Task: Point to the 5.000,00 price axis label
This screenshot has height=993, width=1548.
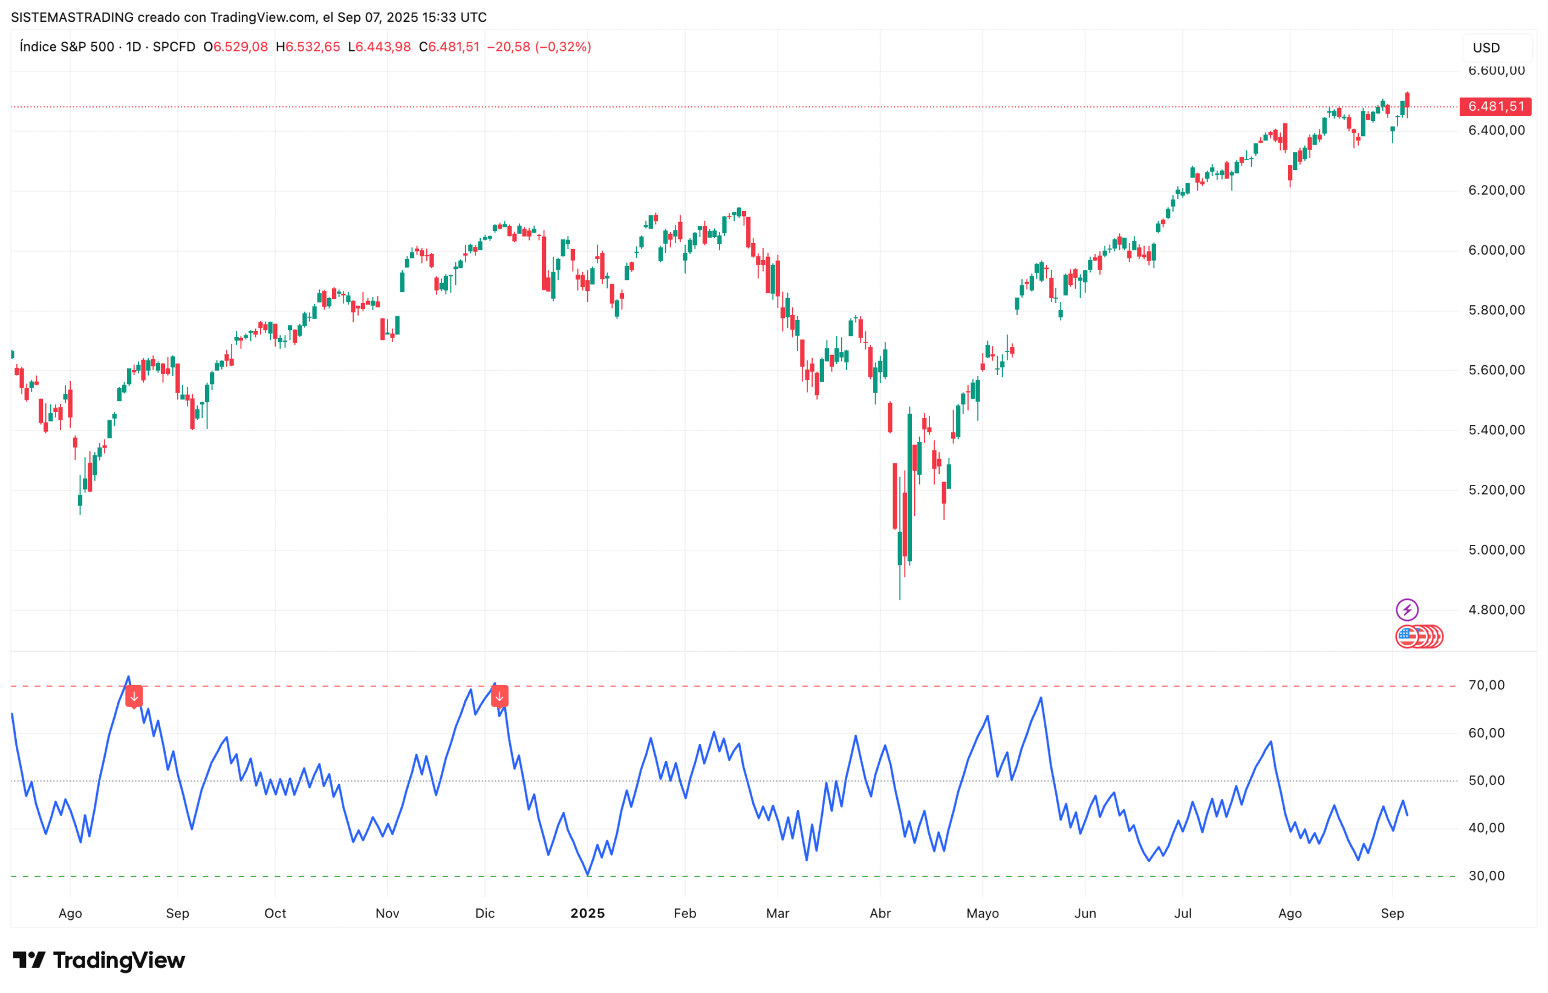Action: click(1496, 550)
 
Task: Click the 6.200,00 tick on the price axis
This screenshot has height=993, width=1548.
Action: click(1496, 190)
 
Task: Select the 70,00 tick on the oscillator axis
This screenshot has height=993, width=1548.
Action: click(1486, 685)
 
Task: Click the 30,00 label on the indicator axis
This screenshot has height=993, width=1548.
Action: click(1486, 876)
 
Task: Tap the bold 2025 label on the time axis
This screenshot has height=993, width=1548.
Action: click(587, 914)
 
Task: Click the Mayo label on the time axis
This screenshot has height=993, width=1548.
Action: click(982, 914)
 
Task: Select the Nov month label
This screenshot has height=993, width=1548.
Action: click(387, 914)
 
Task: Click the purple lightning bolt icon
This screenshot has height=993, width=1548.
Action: click(1406, 610)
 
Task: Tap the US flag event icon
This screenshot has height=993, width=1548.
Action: click(1407, 637)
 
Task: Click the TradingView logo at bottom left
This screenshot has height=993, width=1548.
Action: click(99, 961)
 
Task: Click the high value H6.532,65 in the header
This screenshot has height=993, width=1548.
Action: click(308, 47)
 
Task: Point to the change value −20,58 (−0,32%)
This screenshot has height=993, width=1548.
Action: click(538, 47)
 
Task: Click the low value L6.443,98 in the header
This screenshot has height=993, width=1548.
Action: click(379, 47)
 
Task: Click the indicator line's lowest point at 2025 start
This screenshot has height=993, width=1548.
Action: click(587, 875)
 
